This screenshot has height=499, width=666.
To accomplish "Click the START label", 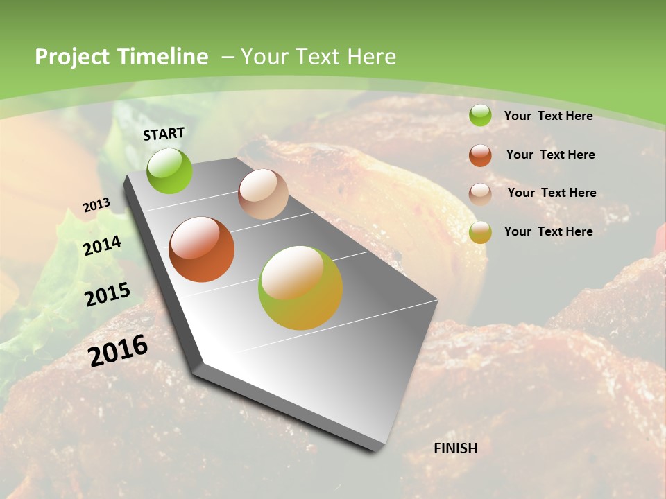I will tap(164, 134).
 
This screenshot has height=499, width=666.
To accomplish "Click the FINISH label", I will tap(456, 448).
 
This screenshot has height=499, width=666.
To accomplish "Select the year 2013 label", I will tap(96, 205).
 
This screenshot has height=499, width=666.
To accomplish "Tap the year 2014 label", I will tap(103, 245).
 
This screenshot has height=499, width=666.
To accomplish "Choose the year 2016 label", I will tap(119, 351).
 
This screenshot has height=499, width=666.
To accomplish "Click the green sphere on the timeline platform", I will tap(170, 171).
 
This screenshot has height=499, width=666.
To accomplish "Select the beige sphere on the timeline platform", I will tap(263, 194).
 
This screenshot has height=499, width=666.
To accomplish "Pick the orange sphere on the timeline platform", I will tap(201, 249).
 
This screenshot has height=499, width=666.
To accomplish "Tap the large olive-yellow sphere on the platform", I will tap(300, 288).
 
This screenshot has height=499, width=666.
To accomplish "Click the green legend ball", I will tap(480, 116).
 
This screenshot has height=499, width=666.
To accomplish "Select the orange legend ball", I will tap(480, 155).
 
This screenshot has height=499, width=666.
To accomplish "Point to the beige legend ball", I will tap(480, 193).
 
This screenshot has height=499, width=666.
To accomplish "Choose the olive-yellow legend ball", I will tap(480, 232).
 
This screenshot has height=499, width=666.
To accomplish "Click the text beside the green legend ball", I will tap(549, 116).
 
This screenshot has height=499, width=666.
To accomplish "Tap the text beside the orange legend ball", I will tap(551, 155).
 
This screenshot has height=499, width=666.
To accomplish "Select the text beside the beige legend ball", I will tap(552, 193).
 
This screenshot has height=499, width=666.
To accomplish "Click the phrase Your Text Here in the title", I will tap(318, 57).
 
